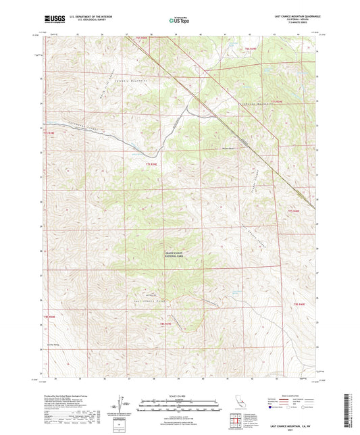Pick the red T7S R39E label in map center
tap(151, 163)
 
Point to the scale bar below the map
tap(180, 405)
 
